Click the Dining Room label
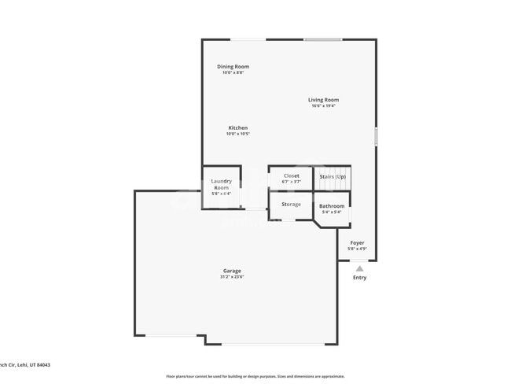pyautogui.click(x=233, y=67)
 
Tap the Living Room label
pyautogui.click(x=323, y=100)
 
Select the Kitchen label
pyautogui.click(x=237, y=127)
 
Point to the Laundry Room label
pyautogui.click(x=222, y=185)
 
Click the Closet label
pyautogui.click(x=291, y=175)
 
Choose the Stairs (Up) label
pyautogui.click(x=333, y=176)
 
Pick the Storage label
pyautogui.click(x=291, y=205)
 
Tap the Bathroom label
pyautogui.click(x=332, y=206)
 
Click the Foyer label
pyautogui.click(x=357, y=243)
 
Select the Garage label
pyautogui.click(x=231, y=271)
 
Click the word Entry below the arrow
pyautogui.click(x=359, y=278)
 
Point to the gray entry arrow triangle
pyautogui.click(x=359, y=268)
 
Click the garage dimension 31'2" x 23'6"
pyautogui.click(x=231, y=277)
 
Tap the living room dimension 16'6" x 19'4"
pyautogui.click(x=323, y=106)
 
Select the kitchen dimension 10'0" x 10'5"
pyautogui.click(x=237, y=134)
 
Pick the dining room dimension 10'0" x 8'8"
pyautogui.click(x=233, y=73)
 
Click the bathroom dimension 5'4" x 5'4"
pyautogui.click(x=332, y=212)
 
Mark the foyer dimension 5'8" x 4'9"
pyautogui.click(x=357, y=249)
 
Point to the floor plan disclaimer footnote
pyautogui.click(x=255, y=376)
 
